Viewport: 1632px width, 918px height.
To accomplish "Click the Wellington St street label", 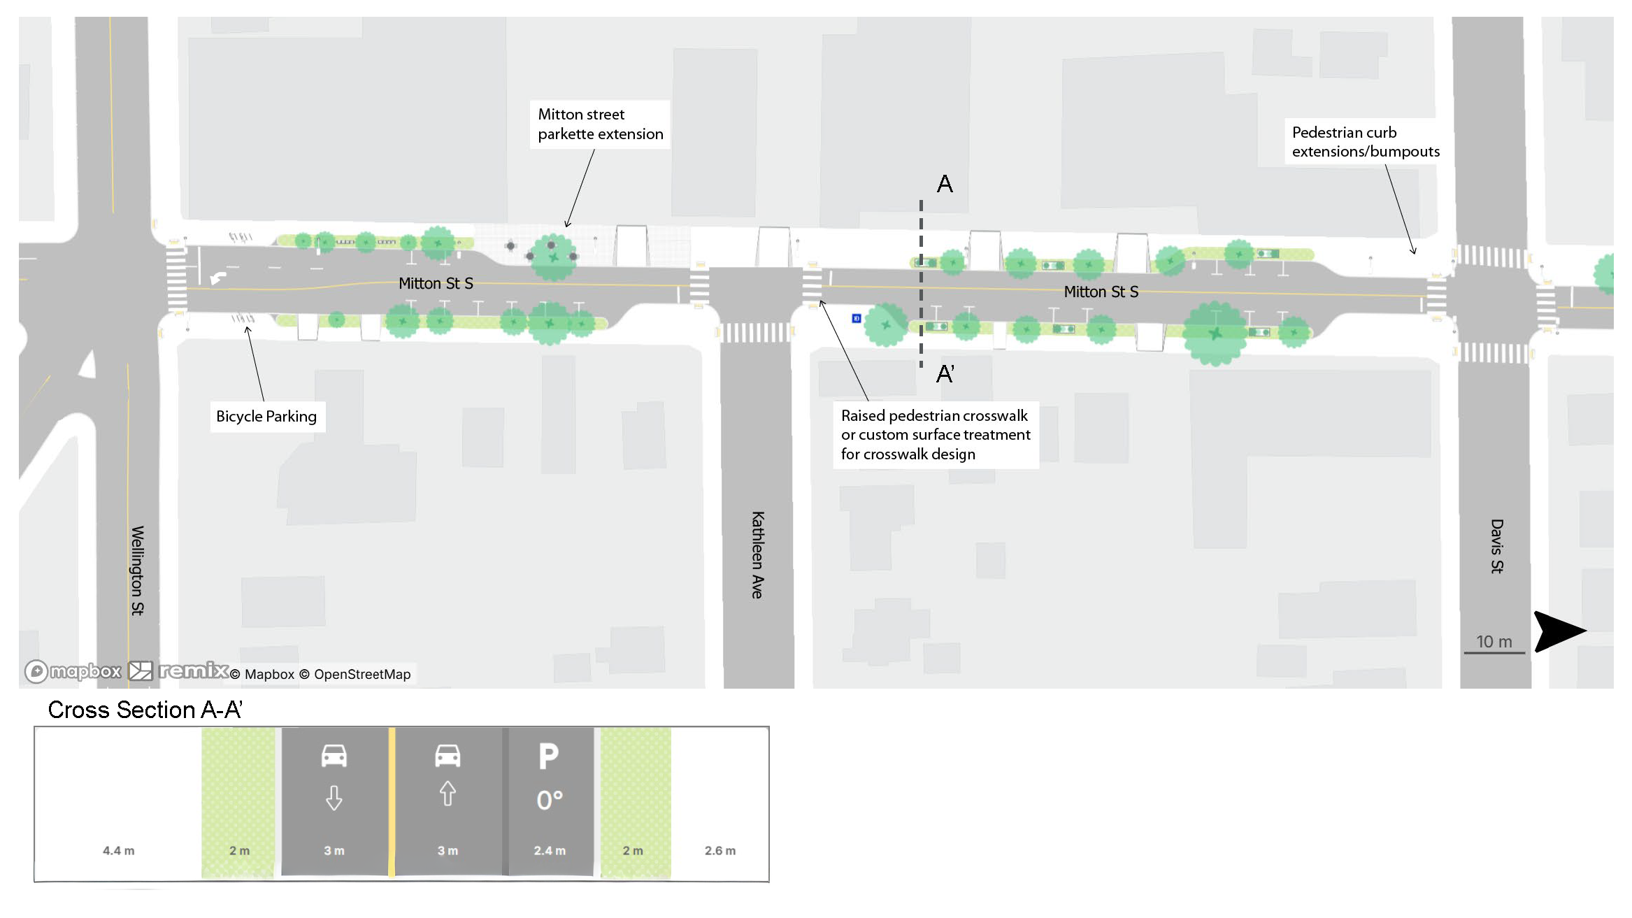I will pos(137,570).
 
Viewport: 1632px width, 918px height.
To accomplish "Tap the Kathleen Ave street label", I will pos(757,554).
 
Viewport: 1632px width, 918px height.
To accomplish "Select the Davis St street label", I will pos(1496,546).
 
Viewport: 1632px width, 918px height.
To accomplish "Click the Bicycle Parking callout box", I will pos(266,417).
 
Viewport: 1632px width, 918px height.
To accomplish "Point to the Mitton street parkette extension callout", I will pos(600,124).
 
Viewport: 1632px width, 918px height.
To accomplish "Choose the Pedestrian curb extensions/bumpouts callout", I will pos(1365,142).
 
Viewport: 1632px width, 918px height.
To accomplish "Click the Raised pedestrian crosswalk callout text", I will pos(935,435).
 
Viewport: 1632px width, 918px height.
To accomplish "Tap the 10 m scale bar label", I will pos(1494,642).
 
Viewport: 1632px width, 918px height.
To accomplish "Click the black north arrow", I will pos(1558,631).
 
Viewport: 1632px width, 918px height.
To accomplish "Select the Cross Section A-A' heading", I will pos(145,710).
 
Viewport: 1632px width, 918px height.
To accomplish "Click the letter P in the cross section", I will pos(549,756).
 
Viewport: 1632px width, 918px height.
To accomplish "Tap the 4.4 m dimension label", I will pos(118,851).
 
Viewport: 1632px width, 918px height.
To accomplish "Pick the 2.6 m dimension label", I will pos(720,851).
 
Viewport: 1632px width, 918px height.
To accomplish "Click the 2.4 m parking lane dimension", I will pos(550,851).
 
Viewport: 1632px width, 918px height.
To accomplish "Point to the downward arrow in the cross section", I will pos(334,798).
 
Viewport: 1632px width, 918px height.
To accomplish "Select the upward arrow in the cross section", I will pos(448,794).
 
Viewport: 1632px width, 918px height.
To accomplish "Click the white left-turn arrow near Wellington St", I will pos(218,278).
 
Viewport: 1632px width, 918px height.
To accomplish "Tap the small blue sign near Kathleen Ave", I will pos(857,319).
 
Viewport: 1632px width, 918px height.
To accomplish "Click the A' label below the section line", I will pos(945,374).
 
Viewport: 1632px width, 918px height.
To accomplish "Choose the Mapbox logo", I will pos(73,672).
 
